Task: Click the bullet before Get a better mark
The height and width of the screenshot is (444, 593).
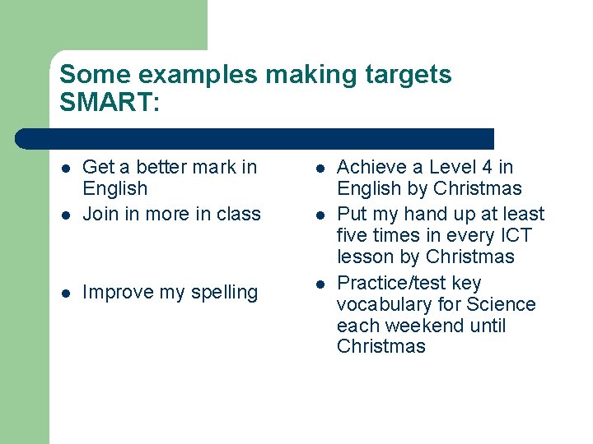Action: point(66,168)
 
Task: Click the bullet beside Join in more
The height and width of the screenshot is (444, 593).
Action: point(66,215)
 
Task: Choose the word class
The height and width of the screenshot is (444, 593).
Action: point(238,214)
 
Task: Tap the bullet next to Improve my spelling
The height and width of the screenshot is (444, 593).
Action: point(66,293)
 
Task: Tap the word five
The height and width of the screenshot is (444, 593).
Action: point(354,235)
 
